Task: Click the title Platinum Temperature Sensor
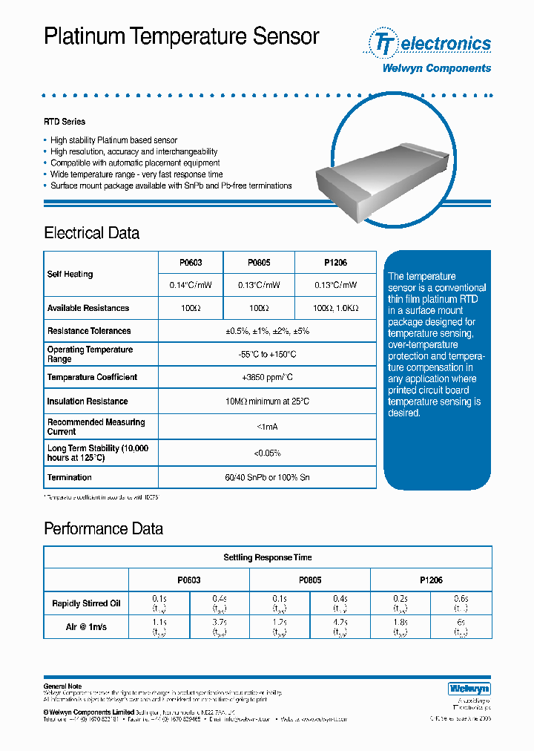click(x=182, y=37)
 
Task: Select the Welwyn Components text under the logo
click(x=436, y=68)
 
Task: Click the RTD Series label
click(x=65, y=122)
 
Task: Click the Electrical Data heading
click(x=92, y=233)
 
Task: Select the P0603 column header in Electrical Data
click(x=191, y=263)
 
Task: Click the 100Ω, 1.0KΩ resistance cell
click(x=335, y=308)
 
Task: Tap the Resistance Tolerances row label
click(x=89, y=331)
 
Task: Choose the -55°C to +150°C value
click(x=267, y=354)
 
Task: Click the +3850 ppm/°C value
click(x=267, y=377)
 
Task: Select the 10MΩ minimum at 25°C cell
click(x=267, y=401)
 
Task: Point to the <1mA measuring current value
click(x=267, y=427)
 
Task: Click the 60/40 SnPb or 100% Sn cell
click(x=267, y=477)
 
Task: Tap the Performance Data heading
click(x=103, y=529)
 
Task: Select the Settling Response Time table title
click(x=268, y=557)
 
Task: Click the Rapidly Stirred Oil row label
click(x=86, y=603)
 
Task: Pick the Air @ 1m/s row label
click(x=86, y=627)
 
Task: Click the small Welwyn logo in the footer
click(x=469, y=688)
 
